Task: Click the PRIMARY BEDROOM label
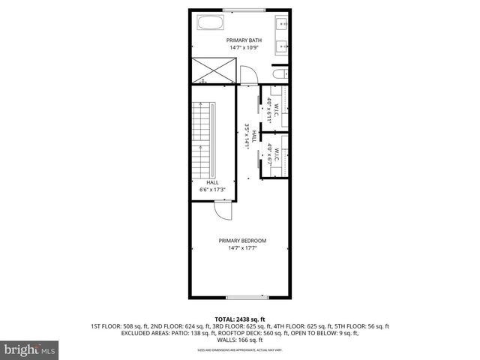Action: point(242,241)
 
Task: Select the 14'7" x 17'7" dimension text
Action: point(242,249)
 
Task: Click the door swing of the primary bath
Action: point(247,73)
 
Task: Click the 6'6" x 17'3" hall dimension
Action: point(212,190)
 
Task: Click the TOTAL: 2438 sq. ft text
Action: point(240,319)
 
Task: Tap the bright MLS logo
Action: point(30,349)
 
